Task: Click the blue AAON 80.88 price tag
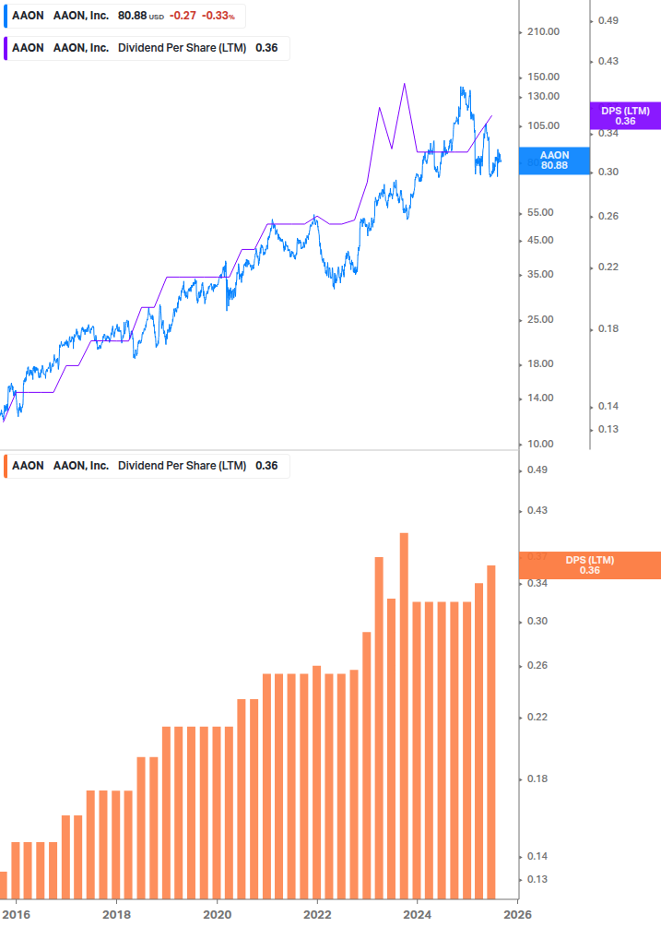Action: (x=554, y=160)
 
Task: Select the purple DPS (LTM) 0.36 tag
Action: (x=625, y=116)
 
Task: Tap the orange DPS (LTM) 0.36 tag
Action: (x=590, y=565)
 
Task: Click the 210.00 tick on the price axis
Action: (x=541, y=32)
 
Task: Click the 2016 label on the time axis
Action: (x=17, y=914)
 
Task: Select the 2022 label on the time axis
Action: (x=317, y=914)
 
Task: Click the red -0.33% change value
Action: (x=218, y=16)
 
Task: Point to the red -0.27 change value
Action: (x=182, y=16)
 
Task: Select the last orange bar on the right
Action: (x=491, y=729)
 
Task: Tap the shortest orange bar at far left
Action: (x=4, y=884)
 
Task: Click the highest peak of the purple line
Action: (x=404, y=84)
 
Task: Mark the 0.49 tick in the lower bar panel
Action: (x=537, y=470)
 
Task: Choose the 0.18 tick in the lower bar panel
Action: (x=537, y=779)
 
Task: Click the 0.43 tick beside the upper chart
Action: (x=609, y=61)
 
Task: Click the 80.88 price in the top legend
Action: (x=133, y=16)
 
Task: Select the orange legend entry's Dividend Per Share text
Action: (x=182, y=466)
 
